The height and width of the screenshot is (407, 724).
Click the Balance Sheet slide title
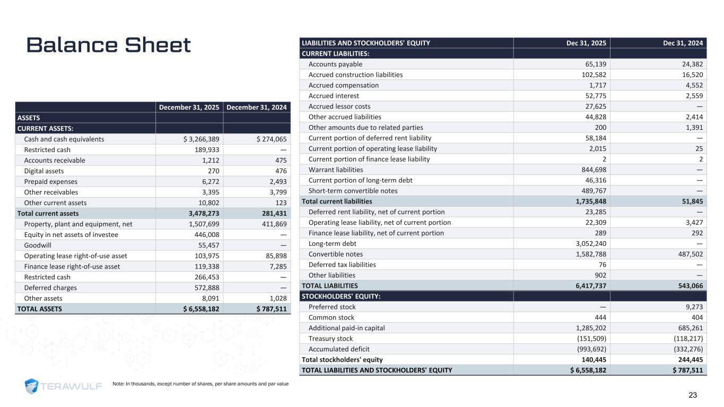coord(109,46)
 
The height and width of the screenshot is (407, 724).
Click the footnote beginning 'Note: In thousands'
coord(200,383)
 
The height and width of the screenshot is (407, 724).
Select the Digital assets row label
coord(44,171)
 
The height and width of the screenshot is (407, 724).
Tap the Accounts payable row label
coord(335,64)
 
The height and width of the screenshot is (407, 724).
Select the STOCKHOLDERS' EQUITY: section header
coord(341,296)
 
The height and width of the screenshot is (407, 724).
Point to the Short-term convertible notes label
coord(353,191)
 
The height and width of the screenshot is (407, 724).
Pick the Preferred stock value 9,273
coord(693,307)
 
